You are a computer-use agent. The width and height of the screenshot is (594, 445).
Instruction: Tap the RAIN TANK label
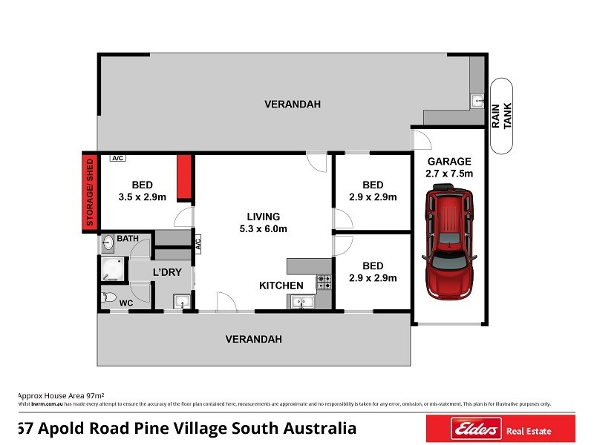503,116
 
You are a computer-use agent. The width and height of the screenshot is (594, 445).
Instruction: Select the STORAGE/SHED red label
90,191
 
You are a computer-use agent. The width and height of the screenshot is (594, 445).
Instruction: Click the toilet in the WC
108,297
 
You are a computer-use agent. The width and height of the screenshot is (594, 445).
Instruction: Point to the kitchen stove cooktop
324,281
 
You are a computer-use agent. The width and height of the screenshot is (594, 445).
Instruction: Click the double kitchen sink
301,301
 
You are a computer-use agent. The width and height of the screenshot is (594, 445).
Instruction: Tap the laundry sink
182,301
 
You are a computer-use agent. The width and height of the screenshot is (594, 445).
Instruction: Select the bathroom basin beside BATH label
108,240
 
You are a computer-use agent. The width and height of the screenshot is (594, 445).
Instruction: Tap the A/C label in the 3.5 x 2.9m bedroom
117,158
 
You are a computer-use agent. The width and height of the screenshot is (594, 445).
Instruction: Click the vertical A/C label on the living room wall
198,243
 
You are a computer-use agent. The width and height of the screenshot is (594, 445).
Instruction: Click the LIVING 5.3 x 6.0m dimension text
263,228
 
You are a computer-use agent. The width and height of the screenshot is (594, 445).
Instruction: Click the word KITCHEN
281,286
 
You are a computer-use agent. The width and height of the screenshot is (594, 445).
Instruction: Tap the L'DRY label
167,272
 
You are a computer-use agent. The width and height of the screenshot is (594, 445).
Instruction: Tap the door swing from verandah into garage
420,138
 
